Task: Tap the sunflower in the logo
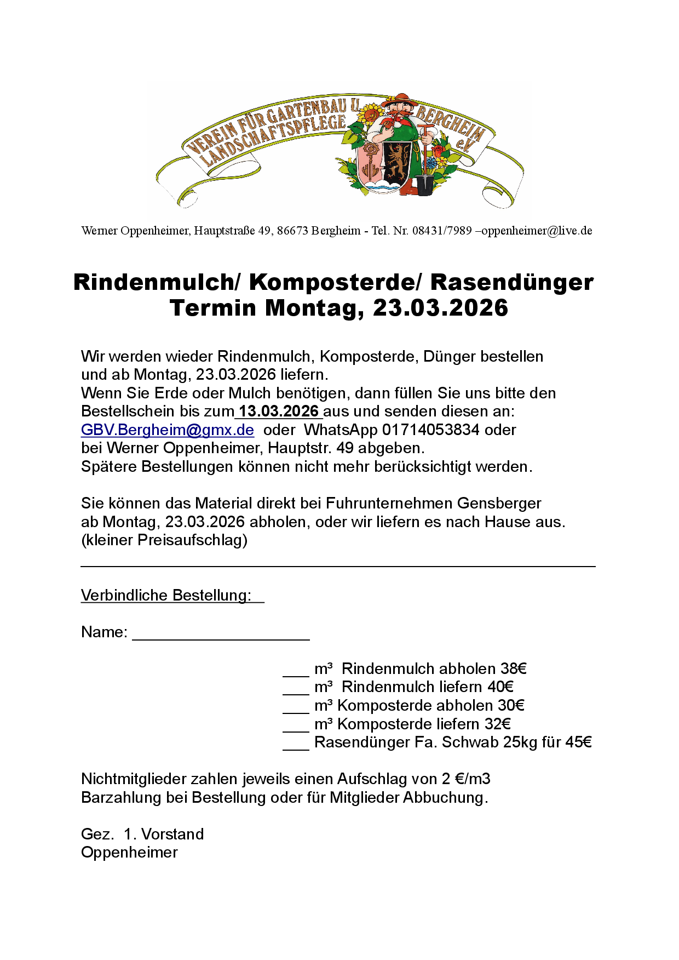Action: click(372, 113)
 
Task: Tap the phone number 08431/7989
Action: click(442, 231)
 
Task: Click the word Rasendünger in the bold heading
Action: click(511, 282)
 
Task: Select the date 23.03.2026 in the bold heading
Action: click(440, 308)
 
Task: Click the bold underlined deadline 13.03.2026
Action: click(279, 412)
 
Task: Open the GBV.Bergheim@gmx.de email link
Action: click(168, 430)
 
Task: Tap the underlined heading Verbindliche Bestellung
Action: click(166, 595)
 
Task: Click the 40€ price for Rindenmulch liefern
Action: click(500, 687)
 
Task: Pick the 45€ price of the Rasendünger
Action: click(578, 742)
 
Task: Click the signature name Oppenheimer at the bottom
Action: click(129, 853)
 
